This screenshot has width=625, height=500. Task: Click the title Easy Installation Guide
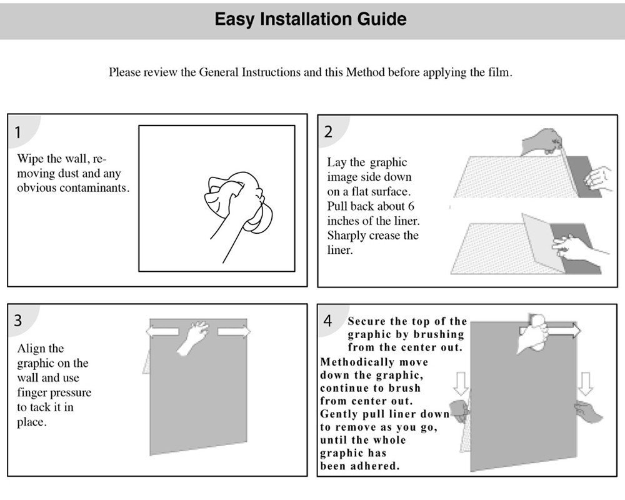tap(311, 19)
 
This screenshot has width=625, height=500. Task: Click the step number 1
tap(18, 132)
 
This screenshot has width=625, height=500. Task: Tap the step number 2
tap(328, 132)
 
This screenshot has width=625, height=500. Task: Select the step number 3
tap(18, 321)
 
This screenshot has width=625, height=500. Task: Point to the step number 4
tap(328, 321)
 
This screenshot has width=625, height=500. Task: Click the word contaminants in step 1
tap(95, 188)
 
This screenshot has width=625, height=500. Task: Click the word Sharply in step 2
tap(346, 236)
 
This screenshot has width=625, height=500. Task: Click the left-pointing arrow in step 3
tap(159, 331)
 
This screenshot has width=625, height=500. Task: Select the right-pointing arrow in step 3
tap(234, 331)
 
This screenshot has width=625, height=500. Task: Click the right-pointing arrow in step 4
tap(566, 331)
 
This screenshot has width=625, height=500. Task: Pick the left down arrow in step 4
tap(461, 383)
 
